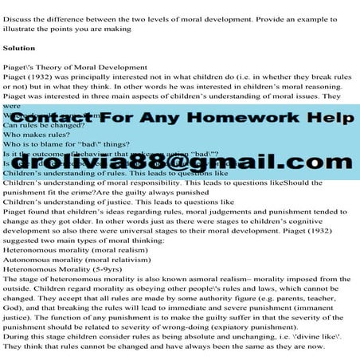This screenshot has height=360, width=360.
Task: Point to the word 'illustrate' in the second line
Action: [21, 20]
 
